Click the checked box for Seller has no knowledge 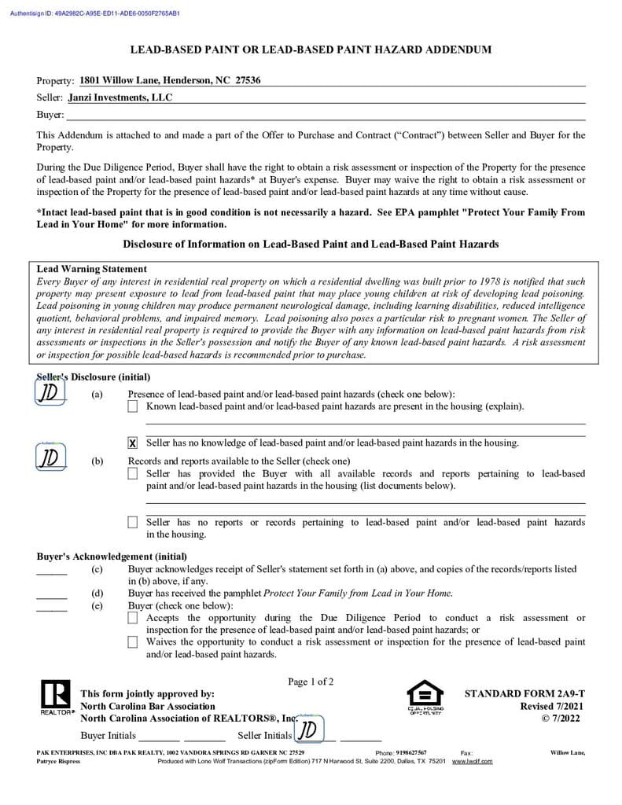tap(132, 443)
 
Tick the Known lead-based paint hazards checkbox tap(132, 406)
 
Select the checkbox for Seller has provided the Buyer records tap(132, 474)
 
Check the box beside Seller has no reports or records tap(132, 522)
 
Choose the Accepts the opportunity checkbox tap(132, 619)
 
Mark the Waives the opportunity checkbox tap(132, 642)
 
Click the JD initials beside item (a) tap(50, 391)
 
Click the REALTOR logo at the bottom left tap(55, 698)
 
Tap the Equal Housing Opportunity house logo tap(425, 696)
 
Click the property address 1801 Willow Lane tap(170, 80)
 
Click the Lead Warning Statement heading tap(92, 269)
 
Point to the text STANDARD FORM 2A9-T tap(524, 694)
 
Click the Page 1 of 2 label tap(311, 682)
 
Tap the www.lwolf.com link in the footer tap(472, 761)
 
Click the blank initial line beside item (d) tap(52, 597)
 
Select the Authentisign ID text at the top tap(95, 13)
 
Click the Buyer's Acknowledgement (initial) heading tap(112, 557)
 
